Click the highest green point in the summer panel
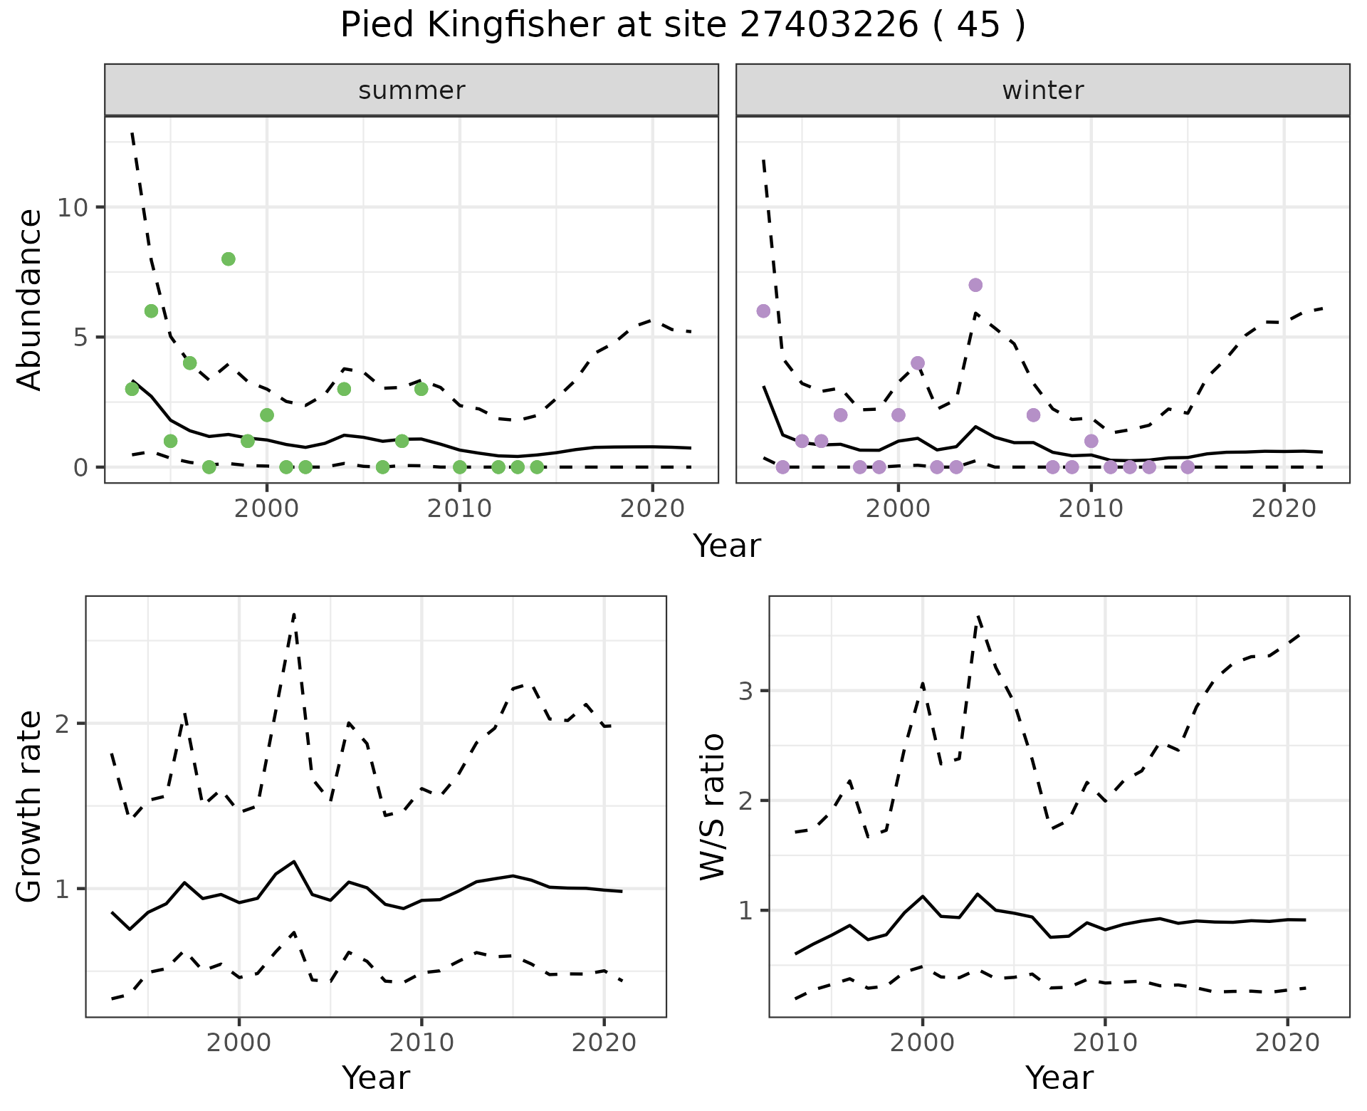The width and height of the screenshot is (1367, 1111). point(228,259)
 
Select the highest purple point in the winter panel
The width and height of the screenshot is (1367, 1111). point(975,285)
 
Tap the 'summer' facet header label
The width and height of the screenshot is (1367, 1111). point(412,90)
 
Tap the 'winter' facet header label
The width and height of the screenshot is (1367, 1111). point(1042,90)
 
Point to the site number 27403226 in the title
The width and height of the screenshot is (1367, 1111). point(829,26)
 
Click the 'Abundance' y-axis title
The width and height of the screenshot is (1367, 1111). point(30,299)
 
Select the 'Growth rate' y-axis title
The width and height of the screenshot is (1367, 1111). point(30,806)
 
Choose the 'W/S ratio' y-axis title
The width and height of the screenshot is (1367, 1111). point(712,806)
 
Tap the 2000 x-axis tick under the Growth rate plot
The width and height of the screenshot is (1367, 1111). point(239,1043)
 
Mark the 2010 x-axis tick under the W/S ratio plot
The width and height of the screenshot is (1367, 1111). point(1104,1043)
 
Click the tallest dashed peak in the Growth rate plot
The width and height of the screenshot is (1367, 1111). point(294,613)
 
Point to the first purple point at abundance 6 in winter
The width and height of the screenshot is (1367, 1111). point(763,311)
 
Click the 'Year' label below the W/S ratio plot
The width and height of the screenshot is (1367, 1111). point(1059,1078)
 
